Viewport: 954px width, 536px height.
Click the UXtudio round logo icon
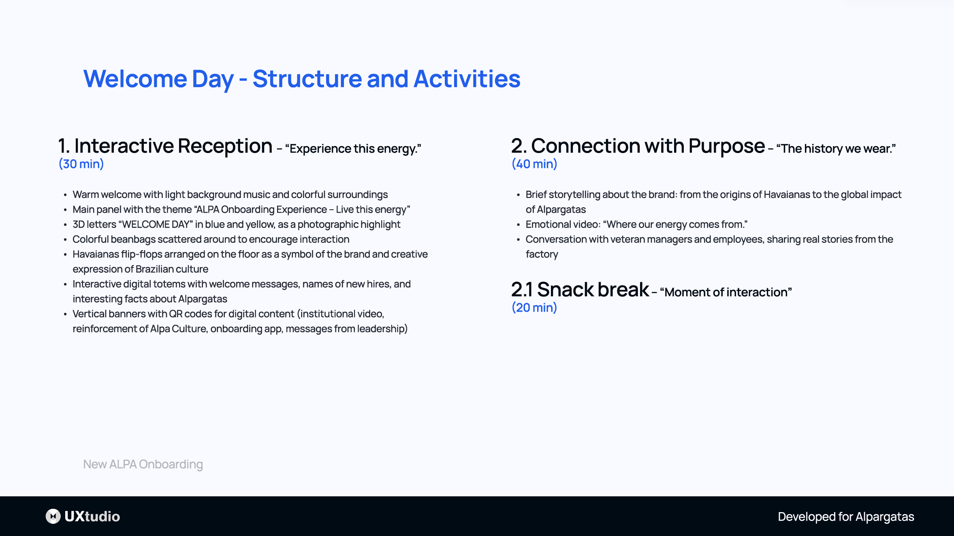pyautogui.click(x=53, y=516)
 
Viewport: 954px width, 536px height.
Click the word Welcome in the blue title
pyautogui.click(x=135, y=79)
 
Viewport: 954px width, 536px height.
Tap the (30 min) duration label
pyautogui.click(x=81, y=164)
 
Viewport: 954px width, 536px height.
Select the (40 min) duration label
pyautogui.click(x=534, y=164)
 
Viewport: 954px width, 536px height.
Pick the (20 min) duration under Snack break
pyautogui.click(x=534, y=308)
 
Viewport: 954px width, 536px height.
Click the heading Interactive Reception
pyautogui.click(x=173, y=146)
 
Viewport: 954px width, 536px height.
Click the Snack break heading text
pyautogui.click(x=593, y=290)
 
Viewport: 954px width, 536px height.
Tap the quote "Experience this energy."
pyautogui.click(x=353, y=149)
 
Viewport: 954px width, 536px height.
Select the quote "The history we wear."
pyautogui.click(x=836, y=149)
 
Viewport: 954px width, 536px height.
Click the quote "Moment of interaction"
pyautogui.click(x=726, y=292)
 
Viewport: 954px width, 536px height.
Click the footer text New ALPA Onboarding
pyautogui.click(x=143, y=464)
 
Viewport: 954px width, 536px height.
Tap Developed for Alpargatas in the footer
pyautogui.click(x=846, y=517)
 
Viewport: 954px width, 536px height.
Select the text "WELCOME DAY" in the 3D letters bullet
pyautogui.click(x=156, y=225)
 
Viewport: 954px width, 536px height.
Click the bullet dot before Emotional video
pyautogui.click(x=518, y=225)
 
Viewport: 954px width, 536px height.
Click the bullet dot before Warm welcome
pyautogui.click(x=65, y=195)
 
